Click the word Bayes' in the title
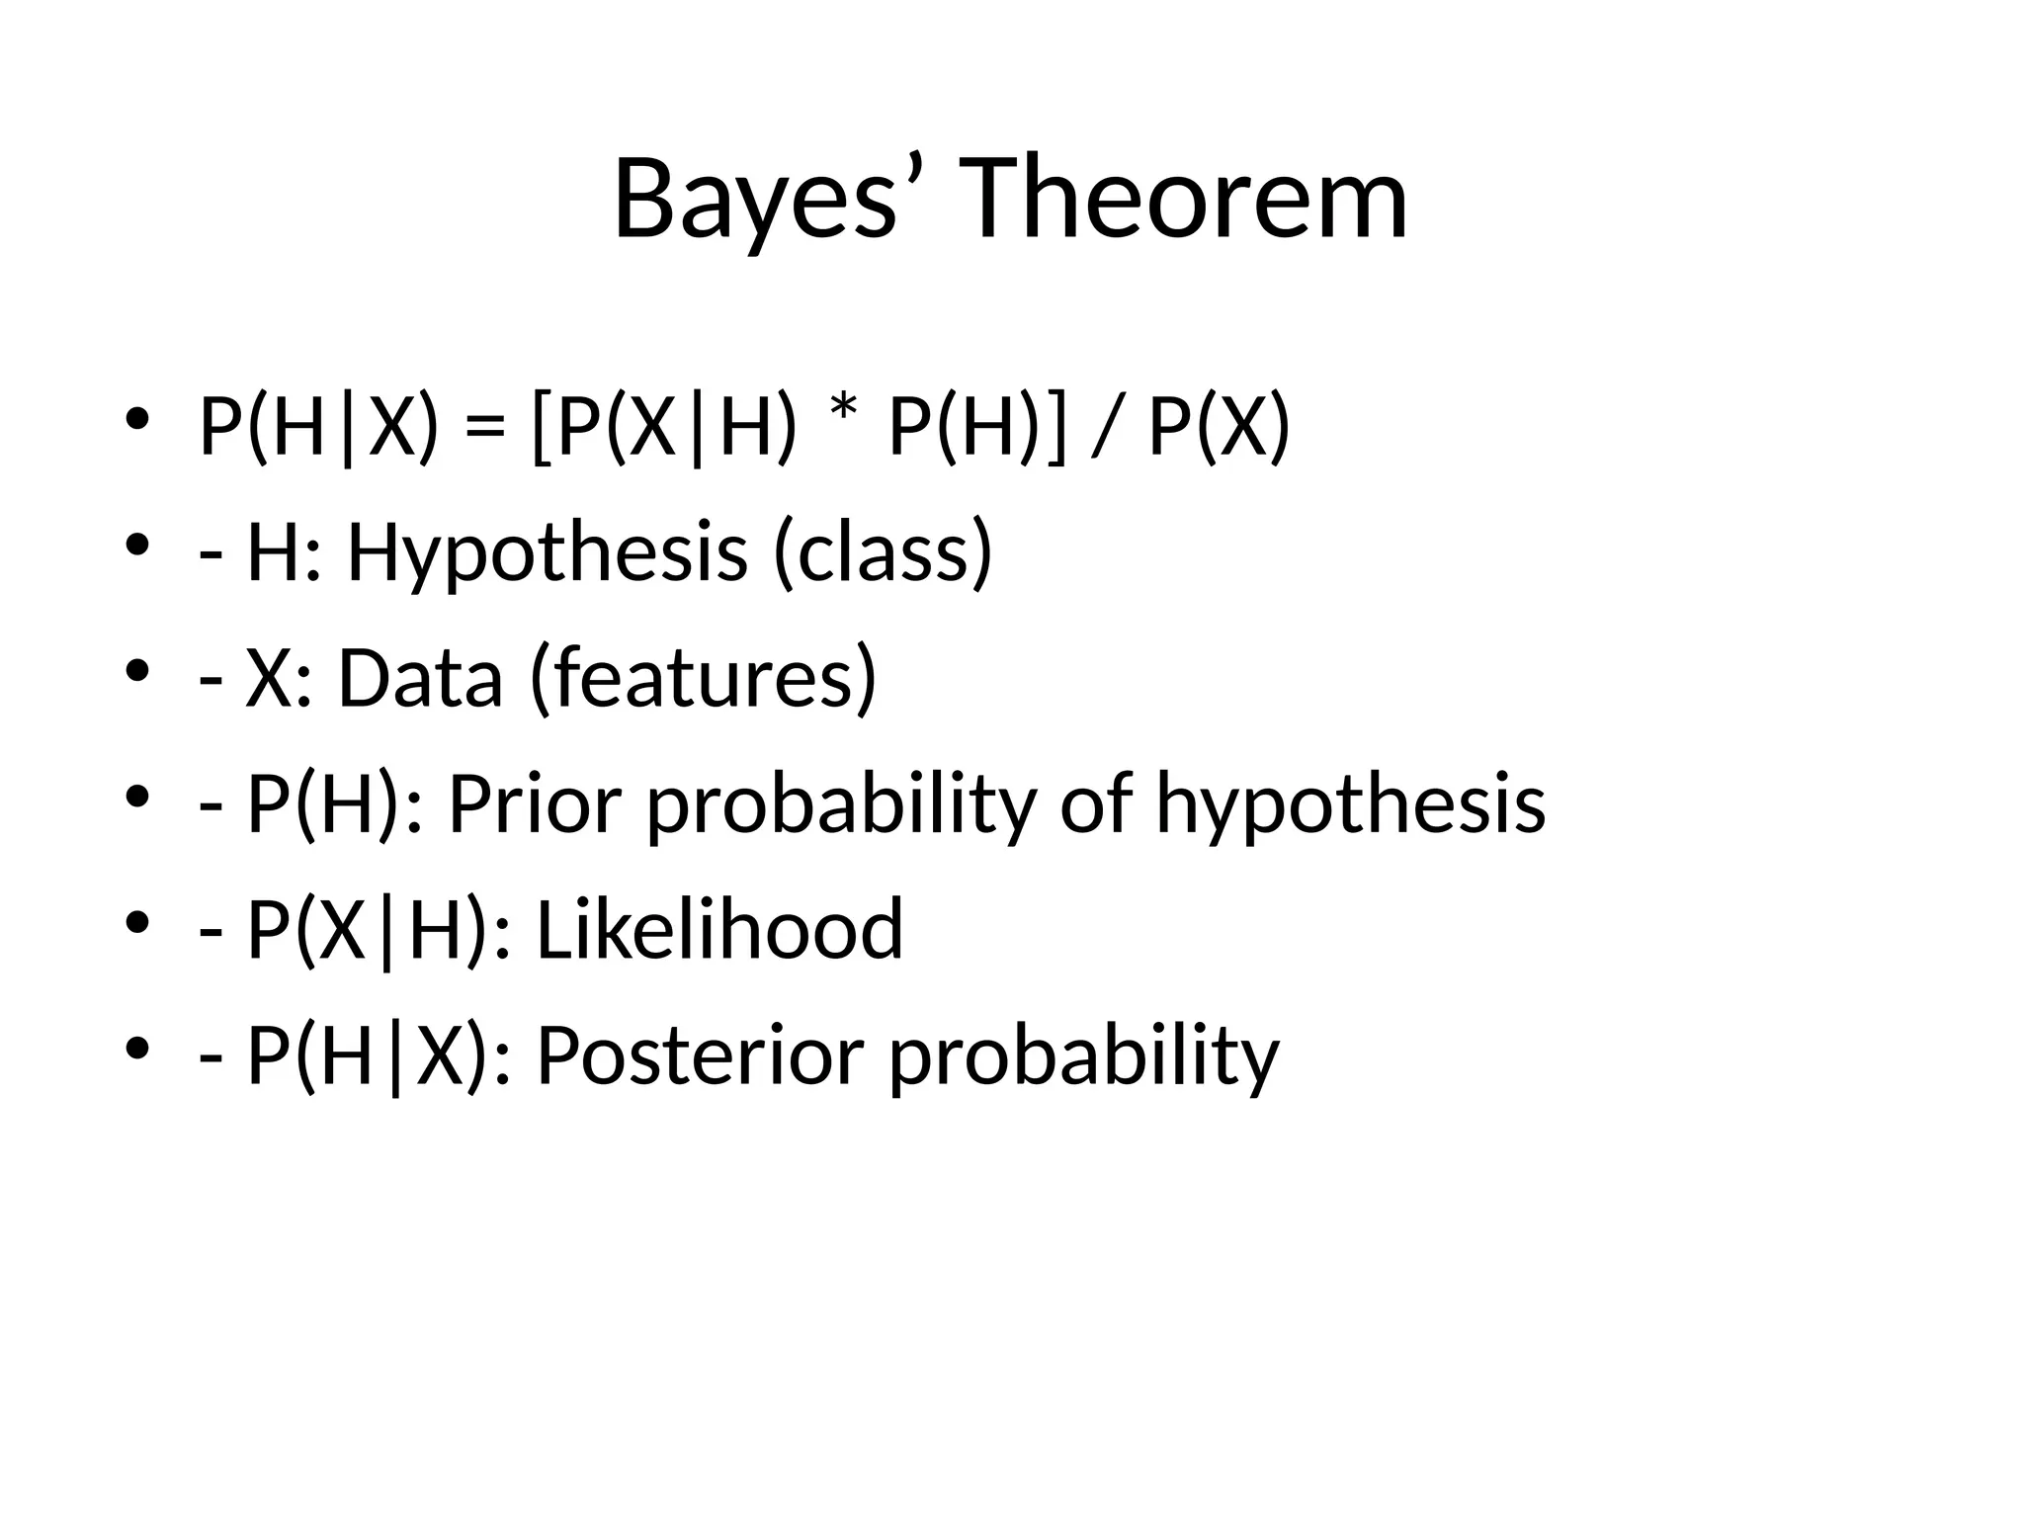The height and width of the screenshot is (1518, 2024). pos(766,201)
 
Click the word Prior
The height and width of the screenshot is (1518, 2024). pos(535,804)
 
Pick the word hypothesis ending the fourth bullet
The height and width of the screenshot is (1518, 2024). pos(1350,804)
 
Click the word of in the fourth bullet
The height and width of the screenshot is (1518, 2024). pos(1096,804)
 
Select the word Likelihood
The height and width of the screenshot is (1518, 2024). pos(719,930)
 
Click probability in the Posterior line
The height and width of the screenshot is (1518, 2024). pos(1083,1055)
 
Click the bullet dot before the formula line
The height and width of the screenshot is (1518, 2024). pos(136,418)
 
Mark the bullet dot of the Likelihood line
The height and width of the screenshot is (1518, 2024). pos(136,920)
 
